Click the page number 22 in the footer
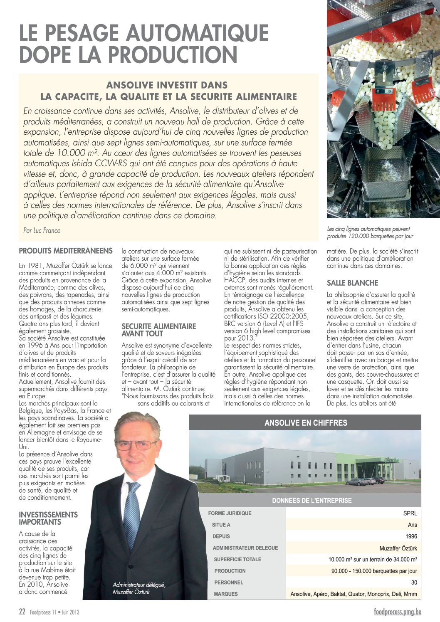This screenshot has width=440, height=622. coord(22,612)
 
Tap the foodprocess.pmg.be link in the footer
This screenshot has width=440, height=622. coord(397,612)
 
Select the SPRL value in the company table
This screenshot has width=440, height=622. coord(410,513)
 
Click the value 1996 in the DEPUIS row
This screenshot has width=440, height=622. coord(411,536)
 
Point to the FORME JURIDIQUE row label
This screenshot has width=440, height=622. coord(230,513)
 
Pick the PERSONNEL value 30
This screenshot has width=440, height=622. coord(414,583)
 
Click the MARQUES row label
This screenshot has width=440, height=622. coord(226,594)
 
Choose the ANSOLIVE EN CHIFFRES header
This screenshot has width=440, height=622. coord(306,423)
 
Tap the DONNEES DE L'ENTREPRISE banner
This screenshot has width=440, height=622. coord(311,501)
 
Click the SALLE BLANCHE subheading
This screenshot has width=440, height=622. coord(352,283)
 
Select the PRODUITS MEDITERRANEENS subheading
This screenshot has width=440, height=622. coord(66,251)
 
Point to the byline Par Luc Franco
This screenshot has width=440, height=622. coord(42,230)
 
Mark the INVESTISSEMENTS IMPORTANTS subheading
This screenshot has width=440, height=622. coord(48,518)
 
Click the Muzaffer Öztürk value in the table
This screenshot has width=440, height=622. coord(398,548)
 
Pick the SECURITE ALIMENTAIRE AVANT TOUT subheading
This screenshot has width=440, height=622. coord(158,330)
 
